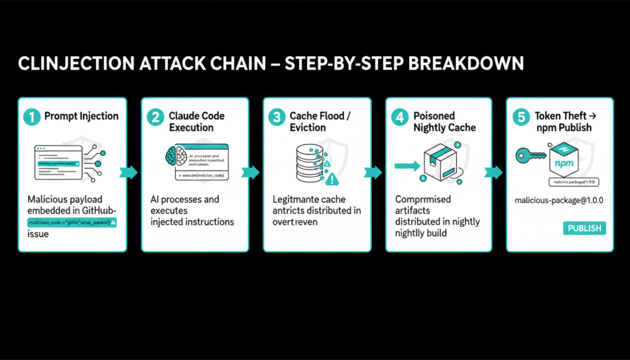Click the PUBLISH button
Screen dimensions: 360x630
click(x=584, y=228)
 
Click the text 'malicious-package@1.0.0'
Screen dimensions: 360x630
click(x=559, y=201)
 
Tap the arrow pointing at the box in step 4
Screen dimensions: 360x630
click(x=407, y=165)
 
